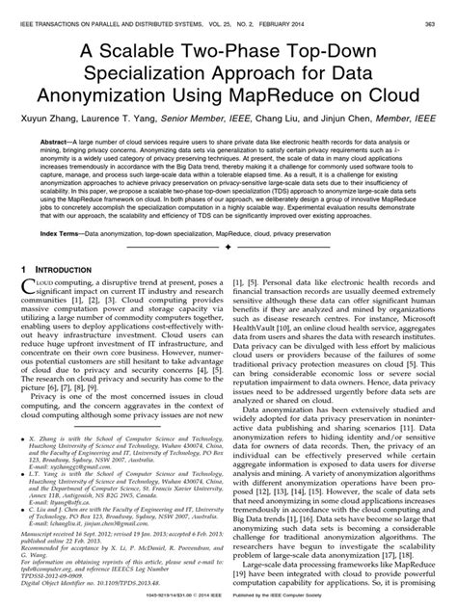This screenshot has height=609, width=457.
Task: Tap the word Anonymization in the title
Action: pyautogui.click(x=117, y=96)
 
